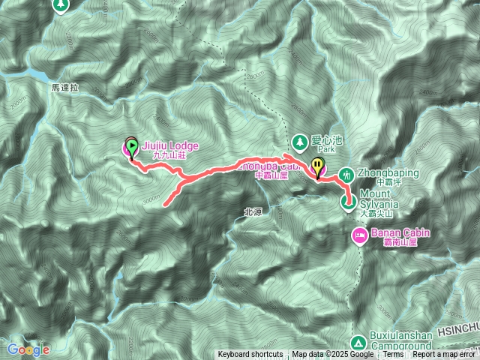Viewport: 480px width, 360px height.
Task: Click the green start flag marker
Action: click(132, 146)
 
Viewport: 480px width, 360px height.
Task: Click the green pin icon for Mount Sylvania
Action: click(348, 201)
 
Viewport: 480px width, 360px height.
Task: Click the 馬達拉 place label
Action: click(65, 87)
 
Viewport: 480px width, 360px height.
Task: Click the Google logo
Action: click(28, 349)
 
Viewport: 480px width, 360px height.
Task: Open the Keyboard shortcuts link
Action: click(250, 355)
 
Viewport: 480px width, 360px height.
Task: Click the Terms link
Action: click(393, 355)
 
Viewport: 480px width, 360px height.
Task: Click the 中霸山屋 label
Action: click(271, 175)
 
